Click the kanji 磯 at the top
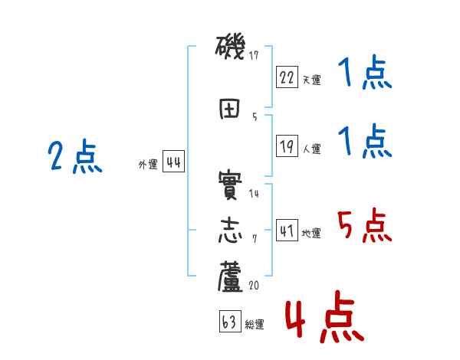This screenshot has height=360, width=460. point(231,50)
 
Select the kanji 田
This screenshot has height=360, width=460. point(231,109)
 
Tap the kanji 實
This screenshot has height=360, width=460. point(231,186)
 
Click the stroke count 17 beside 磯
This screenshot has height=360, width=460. point(255,55)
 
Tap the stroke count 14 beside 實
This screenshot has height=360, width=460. point(255,194)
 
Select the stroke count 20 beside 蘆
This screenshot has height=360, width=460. point(255,284)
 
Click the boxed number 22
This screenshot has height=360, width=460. point(287,77)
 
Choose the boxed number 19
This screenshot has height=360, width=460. point(287,147)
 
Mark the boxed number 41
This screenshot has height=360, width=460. point(287,232)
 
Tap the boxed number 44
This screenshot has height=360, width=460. point(173,162)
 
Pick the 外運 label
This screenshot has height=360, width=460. point(148,165)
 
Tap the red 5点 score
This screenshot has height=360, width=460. point(363,227)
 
